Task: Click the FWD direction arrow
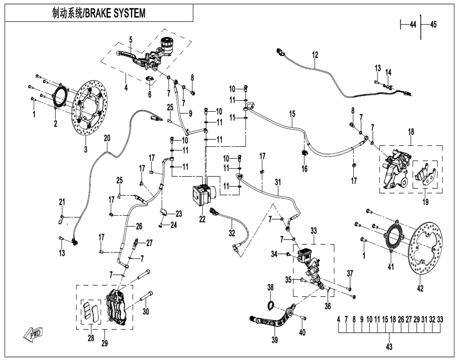click(33, 333)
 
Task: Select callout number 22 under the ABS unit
click(202, 219)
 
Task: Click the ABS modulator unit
click(204, 195)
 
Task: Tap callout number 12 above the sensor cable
click(315, 55)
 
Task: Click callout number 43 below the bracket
click(389, 346)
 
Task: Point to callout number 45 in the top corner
click(433, 25)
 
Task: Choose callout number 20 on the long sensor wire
click(107, 138)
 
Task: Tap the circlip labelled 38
click(271, 305)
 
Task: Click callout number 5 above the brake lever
click(131, 39)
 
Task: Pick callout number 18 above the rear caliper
click(411, 132)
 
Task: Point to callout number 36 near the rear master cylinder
click(327, 306)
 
